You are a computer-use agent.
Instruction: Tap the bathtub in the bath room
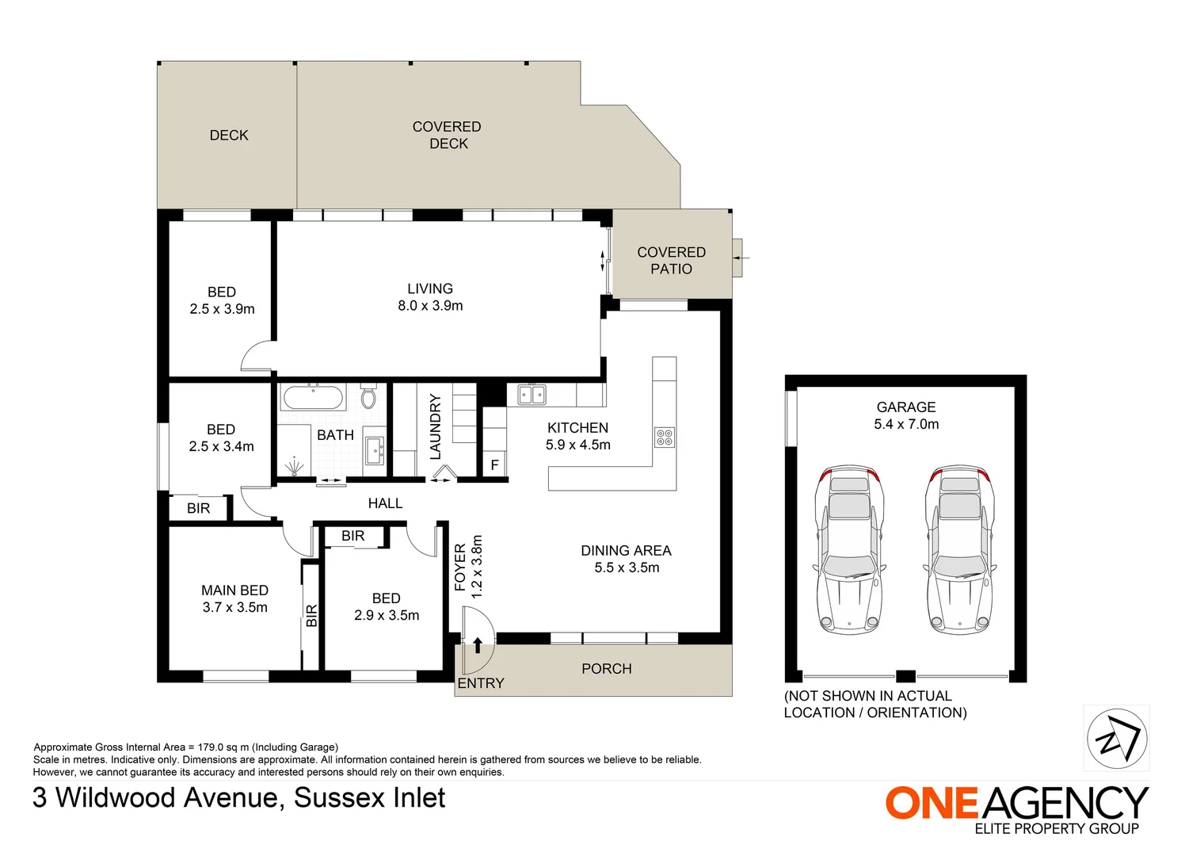coord(313,397)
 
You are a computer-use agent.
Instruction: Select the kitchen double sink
coord(532,395)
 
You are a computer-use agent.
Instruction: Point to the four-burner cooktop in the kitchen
coord(665,438)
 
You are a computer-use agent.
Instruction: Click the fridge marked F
coord(494,464)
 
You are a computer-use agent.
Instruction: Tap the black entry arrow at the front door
coord(478,645)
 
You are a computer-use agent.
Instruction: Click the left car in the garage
coord(850,550)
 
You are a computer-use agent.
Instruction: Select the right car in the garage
coord(960,550)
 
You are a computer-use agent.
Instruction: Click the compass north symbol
coord(1118,739)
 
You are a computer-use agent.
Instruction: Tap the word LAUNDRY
coord(435,426)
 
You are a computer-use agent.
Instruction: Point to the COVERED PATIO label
coord(672,261)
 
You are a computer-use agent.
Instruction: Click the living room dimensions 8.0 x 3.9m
coord(430,305)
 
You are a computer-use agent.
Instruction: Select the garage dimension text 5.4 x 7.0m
coord(906,424)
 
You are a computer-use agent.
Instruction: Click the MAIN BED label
coord(235,590)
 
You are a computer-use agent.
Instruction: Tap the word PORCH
coord(607,669)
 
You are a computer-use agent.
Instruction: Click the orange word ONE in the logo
coord(932,804)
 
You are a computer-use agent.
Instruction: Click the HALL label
coord(385,503)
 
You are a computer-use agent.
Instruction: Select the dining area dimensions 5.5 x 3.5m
coord(627,568)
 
